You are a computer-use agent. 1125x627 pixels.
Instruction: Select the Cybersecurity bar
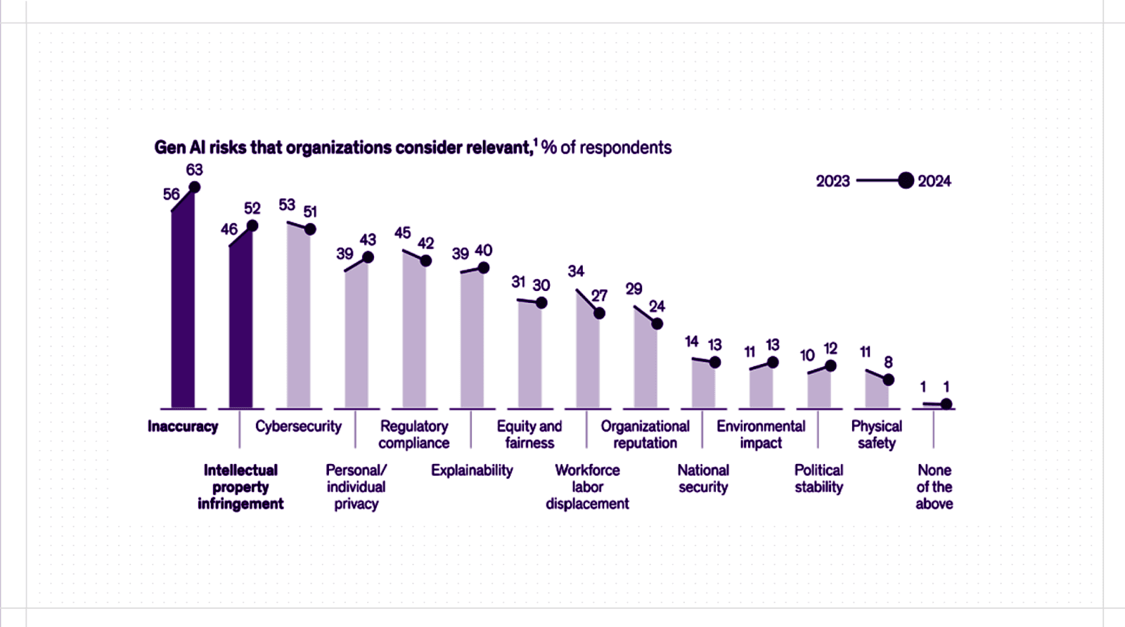click(x=298, y=316)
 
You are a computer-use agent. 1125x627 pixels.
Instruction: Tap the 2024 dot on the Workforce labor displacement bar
click(x=599, y=313)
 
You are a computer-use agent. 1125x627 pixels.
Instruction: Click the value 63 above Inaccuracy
click(x=195, y=169)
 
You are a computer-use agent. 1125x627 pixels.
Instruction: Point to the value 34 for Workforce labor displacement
click(x=576, y=271)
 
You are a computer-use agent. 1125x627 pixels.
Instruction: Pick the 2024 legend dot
click(x=906, y=181)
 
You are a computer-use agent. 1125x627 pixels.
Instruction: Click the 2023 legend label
click(x=832, y=181)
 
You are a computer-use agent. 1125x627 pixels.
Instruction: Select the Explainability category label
click(x=472, y=470)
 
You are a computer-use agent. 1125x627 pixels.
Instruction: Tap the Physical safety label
click(x=876, y=434)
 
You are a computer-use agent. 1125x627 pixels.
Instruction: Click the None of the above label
click(x=934, y=486)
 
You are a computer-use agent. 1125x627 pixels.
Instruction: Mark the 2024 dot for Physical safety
click(x=888, y=380)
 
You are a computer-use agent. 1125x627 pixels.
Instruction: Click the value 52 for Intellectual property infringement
click(x=252, y=208)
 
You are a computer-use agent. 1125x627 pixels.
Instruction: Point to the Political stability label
click(x=818, y=479)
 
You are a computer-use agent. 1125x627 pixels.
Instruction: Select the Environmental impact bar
click(x=761, y=387)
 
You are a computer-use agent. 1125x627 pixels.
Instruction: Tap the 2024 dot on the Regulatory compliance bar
click(x=425, y=261)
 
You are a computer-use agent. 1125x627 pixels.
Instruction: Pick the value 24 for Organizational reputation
click(x=657, y=306)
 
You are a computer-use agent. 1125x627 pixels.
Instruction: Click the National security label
click(x=703, y=479)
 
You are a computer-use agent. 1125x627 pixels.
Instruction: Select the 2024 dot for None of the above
click(x=946, y=404)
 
